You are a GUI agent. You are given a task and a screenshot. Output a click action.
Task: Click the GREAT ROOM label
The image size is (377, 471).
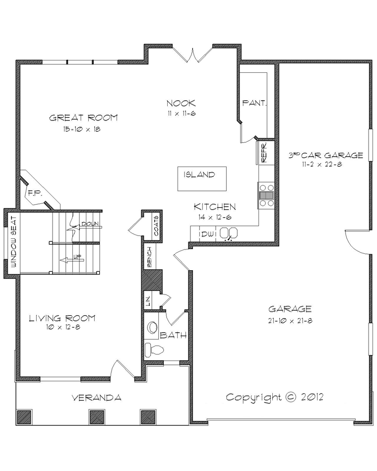(x=83, y=118)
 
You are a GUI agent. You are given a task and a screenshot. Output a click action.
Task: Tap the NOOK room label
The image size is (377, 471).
(x=181, y=103)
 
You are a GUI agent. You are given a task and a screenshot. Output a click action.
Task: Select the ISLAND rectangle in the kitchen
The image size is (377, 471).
(x=202, y=178)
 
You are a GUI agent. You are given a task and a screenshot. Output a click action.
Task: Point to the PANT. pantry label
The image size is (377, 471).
(x=254, y=103)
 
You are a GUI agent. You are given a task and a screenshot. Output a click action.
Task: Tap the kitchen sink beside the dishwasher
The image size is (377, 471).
(x=229, y=233)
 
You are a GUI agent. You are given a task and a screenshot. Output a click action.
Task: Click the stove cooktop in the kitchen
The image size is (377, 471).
(x=266, y=195)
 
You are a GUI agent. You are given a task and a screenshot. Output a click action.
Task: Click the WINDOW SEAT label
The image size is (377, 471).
(x=14, y=242)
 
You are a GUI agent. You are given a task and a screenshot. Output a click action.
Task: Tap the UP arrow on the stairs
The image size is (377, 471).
(x=71, y=259)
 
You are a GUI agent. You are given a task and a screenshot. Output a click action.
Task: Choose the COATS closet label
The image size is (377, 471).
(x=157, y=226)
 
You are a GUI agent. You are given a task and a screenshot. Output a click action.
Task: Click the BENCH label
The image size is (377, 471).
(x=149, y=257)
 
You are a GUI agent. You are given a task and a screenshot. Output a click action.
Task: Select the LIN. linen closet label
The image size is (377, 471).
(x=148, y=300)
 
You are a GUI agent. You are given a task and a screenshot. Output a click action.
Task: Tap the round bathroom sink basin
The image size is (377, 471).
(x=152, y=327)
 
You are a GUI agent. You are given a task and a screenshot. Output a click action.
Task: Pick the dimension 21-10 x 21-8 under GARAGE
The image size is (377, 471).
(x=290, y=320)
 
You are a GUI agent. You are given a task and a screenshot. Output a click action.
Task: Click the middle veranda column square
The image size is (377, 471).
(x=97, y=417)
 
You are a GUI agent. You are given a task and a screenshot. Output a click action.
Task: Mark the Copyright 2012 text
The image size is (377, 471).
(x=275, y=397)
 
